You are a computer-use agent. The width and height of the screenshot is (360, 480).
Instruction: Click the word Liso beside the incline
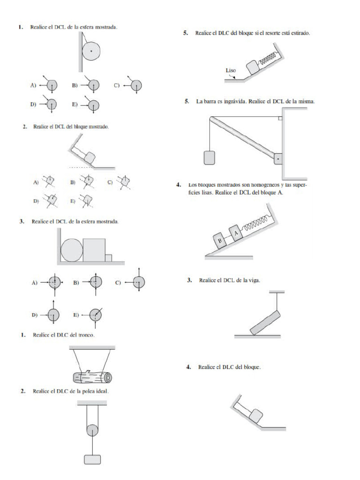[231, 71]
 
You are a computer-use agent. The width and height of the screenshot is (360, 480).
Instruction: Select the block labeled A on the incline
[236, 232]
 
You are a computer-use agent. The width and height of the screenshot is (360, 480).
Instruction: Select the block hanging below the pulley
[92, 459]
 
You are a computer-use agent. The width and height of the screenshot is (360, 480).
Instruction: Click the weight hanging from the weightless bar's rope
[210, 157]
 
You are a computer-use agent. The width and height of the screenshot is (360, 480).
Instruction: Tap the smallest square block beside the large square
[108, 257]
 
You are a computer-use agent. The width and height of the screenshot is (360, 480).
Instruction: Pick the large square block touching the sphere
[94, 249]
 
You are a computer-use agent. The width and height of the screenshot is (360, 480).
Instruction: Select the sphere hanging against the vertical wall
[91, 50]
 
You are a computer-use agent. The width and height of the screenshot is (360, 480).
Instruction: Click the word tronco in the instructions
[87, 335]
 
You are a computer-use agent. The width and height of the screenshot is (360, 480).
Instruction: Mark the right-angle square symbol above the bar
[279, 119]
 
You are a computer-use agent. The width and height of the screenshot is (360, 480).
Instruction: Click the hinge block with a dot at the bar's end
[278, 159]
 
